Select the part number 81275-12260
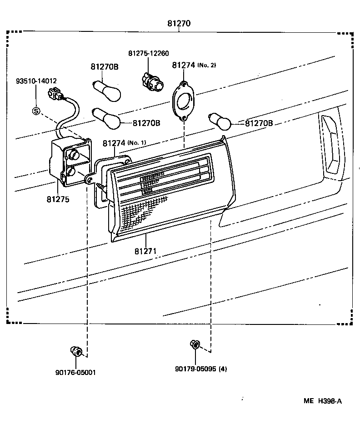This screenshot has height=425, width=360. point(148,54)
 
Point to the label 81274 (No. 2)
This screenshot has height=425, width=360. point(194,65)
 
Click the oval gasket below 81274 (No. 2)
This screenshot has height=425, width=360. point(184,101)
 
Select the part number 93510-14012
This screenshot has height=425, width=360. point(36,81)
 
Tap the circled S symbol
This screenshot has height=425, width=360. point(36,111)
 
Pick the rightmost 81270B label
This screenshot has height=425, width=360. point(259,123)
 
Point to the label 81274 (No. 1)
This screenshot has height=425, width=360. point(124,143)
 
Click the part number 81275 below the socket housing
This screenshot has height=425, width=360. point(57,199)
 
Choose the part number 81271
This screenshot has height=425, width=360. point(146,251)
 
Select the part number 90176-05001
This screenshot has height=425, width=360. point(76,373)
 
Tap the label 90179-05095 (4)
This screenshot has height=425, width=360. point(200,369)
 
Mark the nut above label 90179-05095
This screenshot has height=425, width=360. point(195,344)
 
